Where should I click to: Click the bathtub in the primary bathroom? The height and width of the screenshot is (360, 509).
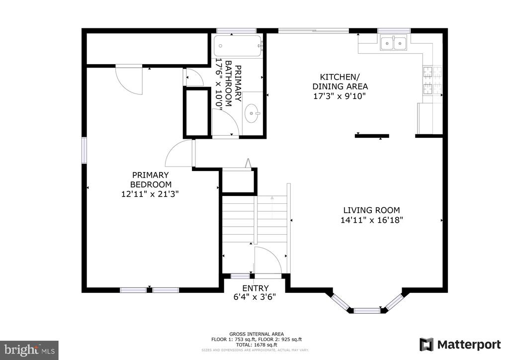238,47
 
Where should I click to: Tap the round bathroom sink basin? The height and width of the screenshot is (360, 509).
252,113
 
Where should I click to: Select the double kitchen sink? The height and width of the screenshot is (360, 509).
393,44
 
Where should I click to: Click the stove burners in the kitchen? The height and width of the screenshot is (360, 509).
432,81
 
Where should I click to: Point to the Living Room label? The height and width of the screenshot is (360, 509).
371,210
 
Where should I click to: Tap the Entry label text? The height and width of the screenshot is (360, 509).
255,288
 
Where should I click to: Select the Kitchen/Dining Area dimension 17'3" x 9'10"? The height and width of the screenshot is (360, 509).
339,96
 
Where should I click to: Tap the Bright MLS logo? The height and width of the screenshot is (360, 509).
29,350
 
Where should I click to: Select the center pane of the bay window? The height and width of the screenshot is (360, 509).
367,311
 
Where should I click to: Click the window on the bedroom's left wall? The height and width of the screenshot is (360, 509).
85,150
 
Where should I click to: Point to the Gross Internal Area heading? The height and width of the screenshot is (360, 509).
257,334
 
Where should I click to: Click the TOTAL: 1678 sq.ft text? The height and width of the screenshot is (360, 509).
257,344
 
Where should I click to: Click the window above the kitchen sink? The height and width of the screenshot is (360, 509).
393,31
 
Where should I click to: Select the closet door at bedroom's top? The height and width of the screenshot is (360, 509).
129,79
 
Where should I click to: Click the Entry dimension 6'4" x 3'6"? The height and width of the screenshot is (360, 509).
255,297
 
